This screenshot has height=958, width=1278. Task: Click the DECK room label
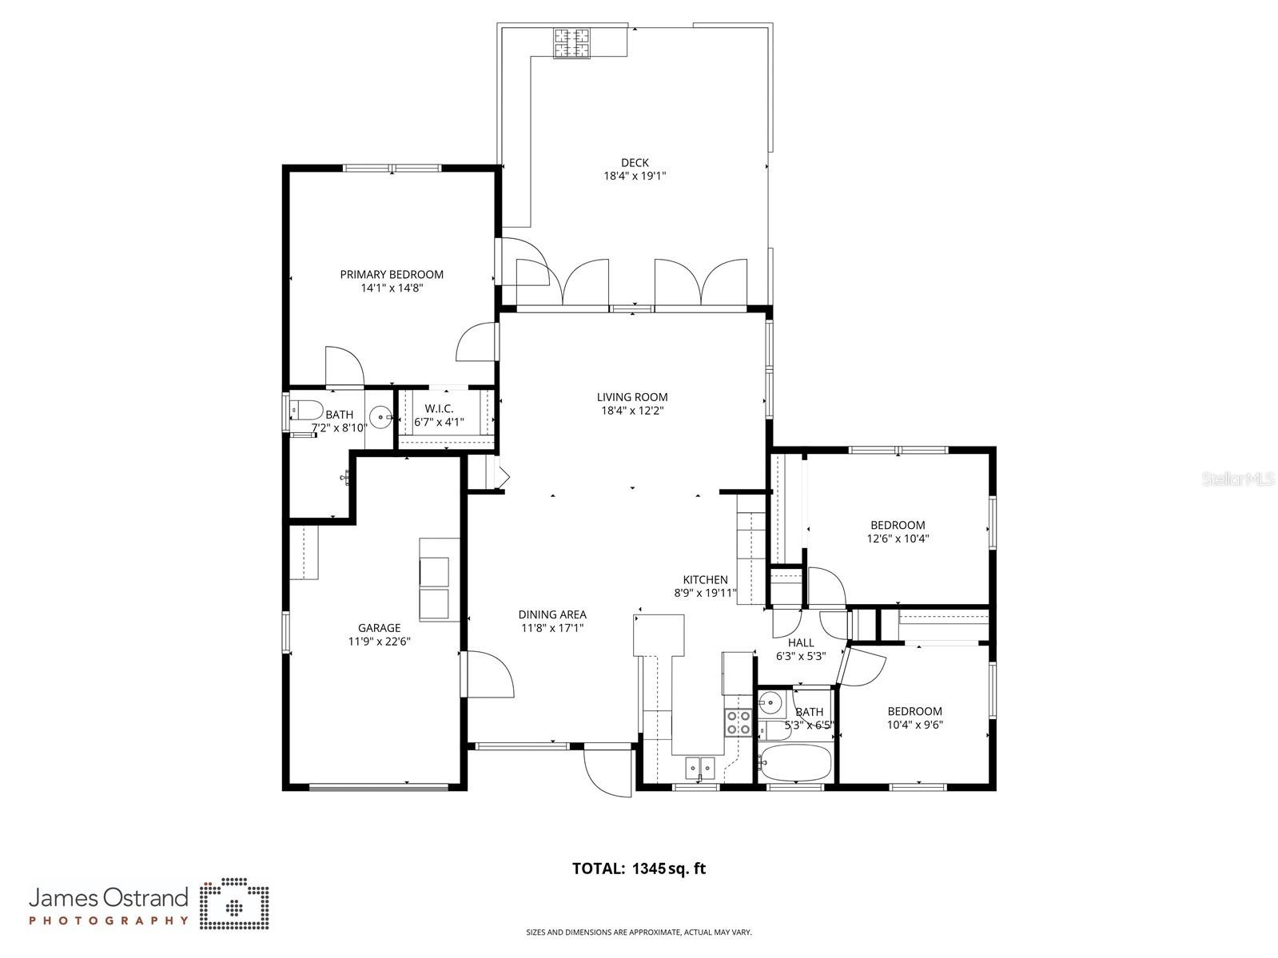635,163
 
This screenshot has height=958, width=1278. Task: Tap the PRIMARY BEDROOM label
392,274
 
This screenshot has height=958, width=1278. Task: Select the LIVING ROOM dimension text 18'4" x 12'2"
632,411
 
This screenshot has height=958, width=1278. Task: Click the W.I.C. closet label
439,408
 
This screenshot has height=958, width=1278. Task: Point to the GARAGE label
379,628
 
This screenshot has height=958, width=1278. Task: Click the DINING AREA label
552,614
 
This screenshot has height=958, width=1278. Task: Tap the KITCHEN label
705,580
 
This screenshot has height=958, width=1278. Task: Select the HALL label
801,642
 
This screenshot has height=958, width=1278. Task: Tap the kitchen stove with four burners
737,722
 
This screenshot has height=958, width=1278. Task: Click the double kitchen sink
700,768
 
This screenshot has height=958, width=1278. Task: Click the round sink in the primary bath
381,415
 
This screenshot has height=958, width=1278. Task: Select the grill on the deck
572,43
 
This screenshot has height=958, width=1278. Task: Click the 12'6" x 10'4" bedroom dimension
898,539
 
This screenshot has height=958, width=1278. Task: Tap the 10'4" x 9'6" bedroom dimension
914,725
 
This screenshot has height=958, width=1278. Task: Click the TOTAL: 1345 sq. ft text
639,869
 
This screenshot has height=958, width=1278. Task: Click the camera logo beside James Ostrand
234,905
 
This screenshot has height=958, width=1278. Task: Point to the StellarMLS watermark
1239,479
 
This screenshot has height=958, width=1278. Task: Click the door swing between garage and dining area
488,675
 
